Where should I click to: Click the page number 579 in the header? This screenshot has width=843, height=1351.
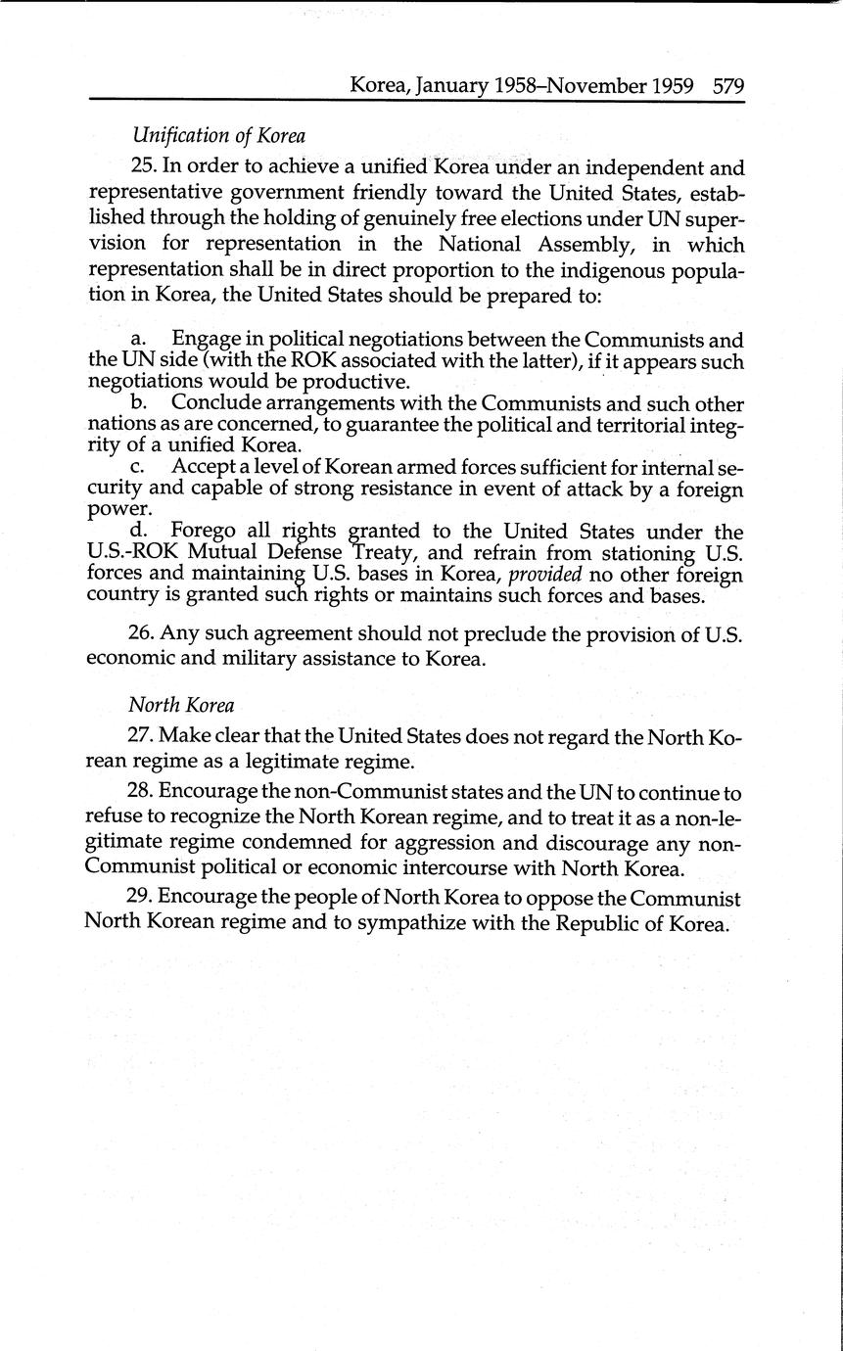click(729, 85)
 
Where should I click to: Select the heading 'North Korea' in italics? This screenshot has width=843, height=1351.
click(181, 705)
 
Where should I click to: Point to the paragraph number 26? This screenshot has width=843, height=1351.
click(141, 633)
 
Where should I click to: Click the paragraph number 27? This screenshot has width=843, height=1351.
click(141, 735)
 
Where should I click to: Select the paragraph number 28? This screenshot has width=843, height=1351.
click(141, 792)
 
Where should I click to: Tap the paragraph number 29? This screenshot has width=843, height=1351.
click(141, 897)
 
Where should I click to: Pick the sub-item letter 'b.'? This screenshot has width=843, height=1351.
click(138, 403)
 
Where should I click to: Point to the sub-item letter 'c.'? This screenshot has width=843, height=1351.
click(137, 467)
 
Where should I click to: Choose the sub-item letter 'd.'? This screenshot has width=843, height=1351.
click(138, 532)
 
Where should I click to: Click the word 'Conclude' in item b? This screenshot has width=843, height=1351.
click(217, 403)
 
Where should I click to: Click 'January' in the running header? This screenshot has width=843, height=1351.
click(451, 85)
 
